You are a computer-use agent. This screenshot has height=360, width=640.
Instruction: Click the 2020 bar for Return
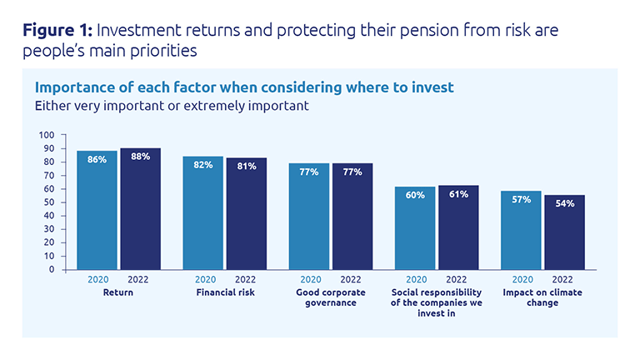point(97,212)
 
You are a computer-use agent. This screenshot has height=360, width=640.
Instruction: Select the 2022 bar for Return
point(140,212)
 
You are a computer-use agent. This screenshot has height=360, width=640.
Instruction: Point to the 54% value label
point(564,203)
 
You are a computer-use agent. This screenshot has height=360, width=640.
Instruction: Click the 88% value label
point(140,156)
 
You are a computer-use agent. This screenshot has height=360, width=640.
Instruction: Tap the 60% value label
point(416,195)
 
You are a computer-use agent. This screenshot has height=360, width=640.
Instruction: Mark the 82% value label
point(203,164)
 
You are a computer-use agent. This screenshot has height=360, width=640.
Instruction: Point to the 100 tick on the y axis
point(47,135)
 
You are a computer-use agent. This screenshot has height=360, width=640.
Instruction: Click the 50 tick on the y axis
point(49,202)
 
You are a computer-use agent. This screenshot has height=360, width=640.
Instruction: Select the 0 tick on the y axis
point(52,270)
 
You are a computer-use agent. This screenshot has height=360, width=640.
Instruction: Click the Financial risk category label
point(224,293)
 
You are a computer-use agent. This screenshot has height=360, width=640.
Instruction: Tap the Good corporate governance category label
point(331,297)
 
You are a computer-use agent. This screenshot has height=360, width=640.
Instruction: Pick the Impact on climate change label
point(542,297)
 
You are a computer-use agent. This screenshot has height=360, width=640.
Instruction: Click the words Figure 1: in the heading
point(57,32)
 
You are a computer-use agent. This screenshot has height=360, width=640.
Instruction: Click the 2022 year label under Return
point(139,281)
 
